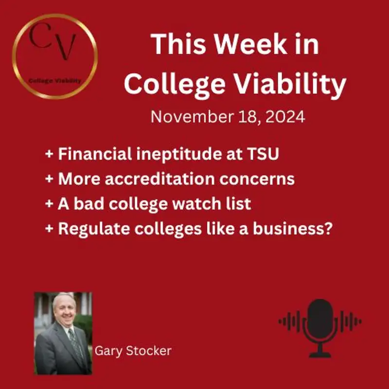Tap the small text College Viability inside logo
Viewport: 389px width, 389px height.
pyautogui.click(x=54, y=81)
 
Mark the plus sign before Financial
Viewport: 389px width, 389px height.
pyautogui.click(x=49, y=155)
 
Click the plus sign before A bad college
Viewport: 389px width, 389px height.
pyautogui.click(x=49, y=204)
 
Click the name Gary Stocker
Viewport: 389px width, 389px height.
pyautogui.click(x=133, y=351)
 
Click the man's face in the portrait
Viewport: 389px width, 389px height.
pyautogui.click(x=65, y=312)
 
